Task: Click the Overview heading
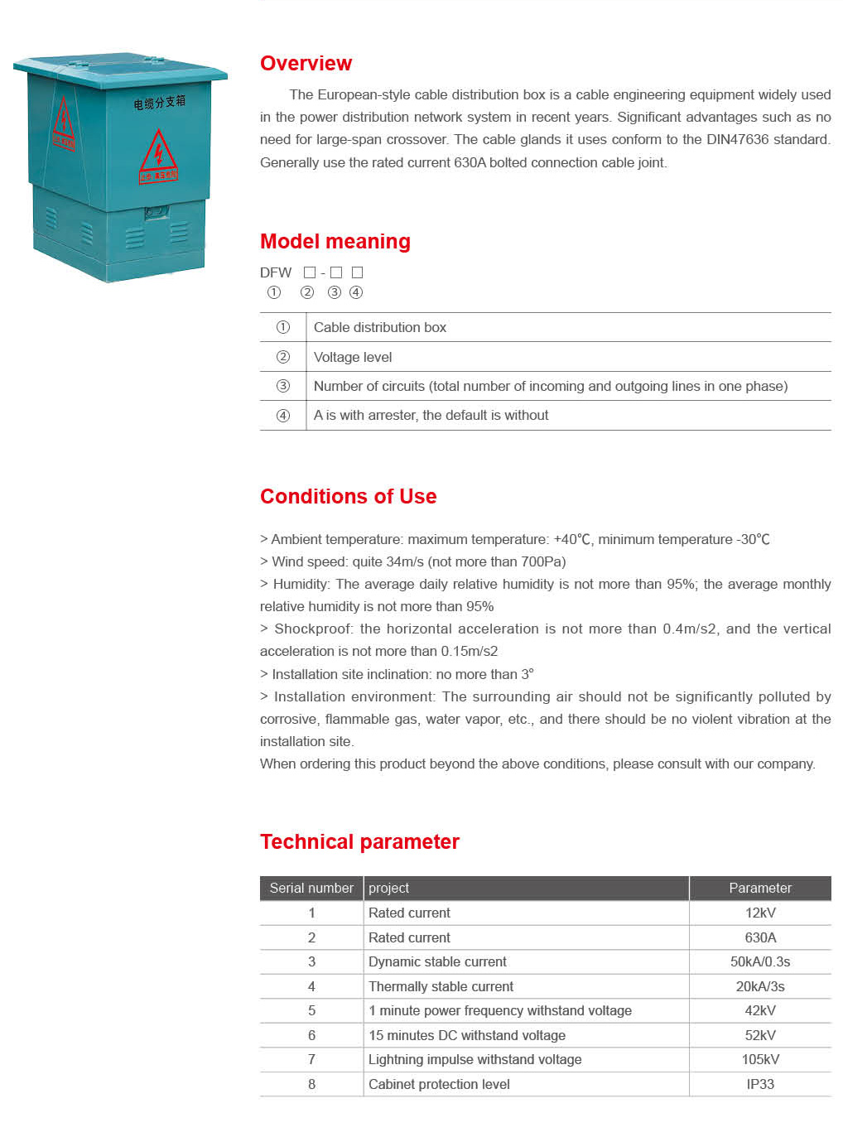tap(306, 64)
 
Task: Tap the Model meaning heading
tap(335, 241)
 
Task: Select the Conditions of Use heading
tap(348, 496)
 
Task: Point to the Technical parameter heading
tap(359, 841)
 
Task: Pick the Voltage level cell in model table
tap(353, 357)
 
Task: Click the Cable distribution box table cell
tap(379, 327)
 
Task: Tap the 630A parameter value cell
tap(759, 937)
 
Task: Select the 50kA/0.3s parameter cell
tap(759, 961)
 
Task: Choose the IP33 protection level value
tap(759, 1084)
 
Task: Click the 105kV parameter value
tap(759, 1059)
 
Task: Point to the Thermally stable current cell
tap(441, 986)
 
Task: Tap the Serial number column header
tap(311, 888)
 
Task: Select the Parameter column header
tap(759, 888)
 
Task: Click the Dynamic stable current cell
tap(437, 961)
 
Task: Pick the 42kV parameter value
tap(759, 1010)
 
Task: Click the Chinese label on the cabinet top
tap(160, 102)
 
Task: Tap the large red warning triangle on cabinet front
tap(157, 152)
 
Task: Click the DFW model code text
tap(275, 272)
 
